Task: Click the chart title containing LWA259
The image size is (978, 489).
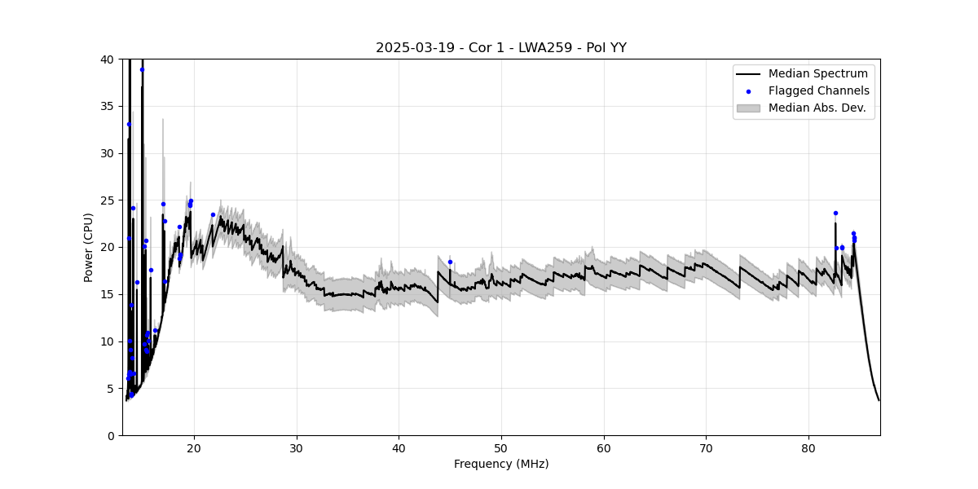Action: pyautogui.click(x=500, y=48)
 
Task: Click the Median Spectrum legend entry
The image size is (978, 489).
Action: pyautogui.click(x=817, y=74)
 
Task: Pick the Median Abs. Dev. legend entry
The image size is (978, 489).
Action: pyautogui.click(x=818, y=108)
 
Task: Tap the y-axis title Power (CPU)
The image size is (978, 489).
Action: pyautogui.click(x=89, y=247)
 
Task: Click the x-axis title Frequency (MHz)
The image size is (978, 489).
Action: pyautogui.click(x=501, y=464)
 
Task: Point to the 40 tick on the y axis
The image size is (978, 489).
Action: pyautogui.click(x=108, y=59)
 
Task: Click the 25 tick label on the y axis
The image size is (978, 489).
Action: pyautogui.click(x=108, y=200)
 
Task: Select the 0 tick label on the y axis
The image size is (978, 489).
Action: pyautogui.click(x=111, y=435)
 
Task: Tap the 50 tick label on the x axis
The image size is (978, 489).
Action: pyautogui.click(x=501, y=447)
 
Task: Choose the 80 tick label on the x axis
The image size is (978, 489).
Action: pyautogui.click(x=808, y=447)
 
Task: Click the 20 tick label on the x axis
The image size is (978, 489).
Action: pyautogui.click(x=194, y=447)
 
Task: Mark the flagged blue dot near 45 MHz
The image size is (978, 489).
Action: pyautogui.click(x=450, y=262)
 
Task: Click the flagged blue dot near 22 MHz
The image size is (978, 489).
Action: pyautogui.click(x=213, y=215)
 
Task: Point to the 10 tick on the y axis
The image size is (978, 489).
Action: pyautogui.click(x=108, y=341)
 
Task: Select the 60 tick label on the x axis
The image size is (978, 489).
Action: pyautogui.click(x=604, y=447)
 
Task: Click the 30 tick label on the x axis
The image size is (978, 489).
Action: pyautogui.click(x=297, y=447)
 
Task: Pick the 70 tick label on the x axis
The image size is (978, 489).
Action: pyautogui.click(x=706, y=447)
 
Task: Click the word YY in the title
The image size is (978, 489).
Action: pyautogui.click(x=618, y=48)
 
